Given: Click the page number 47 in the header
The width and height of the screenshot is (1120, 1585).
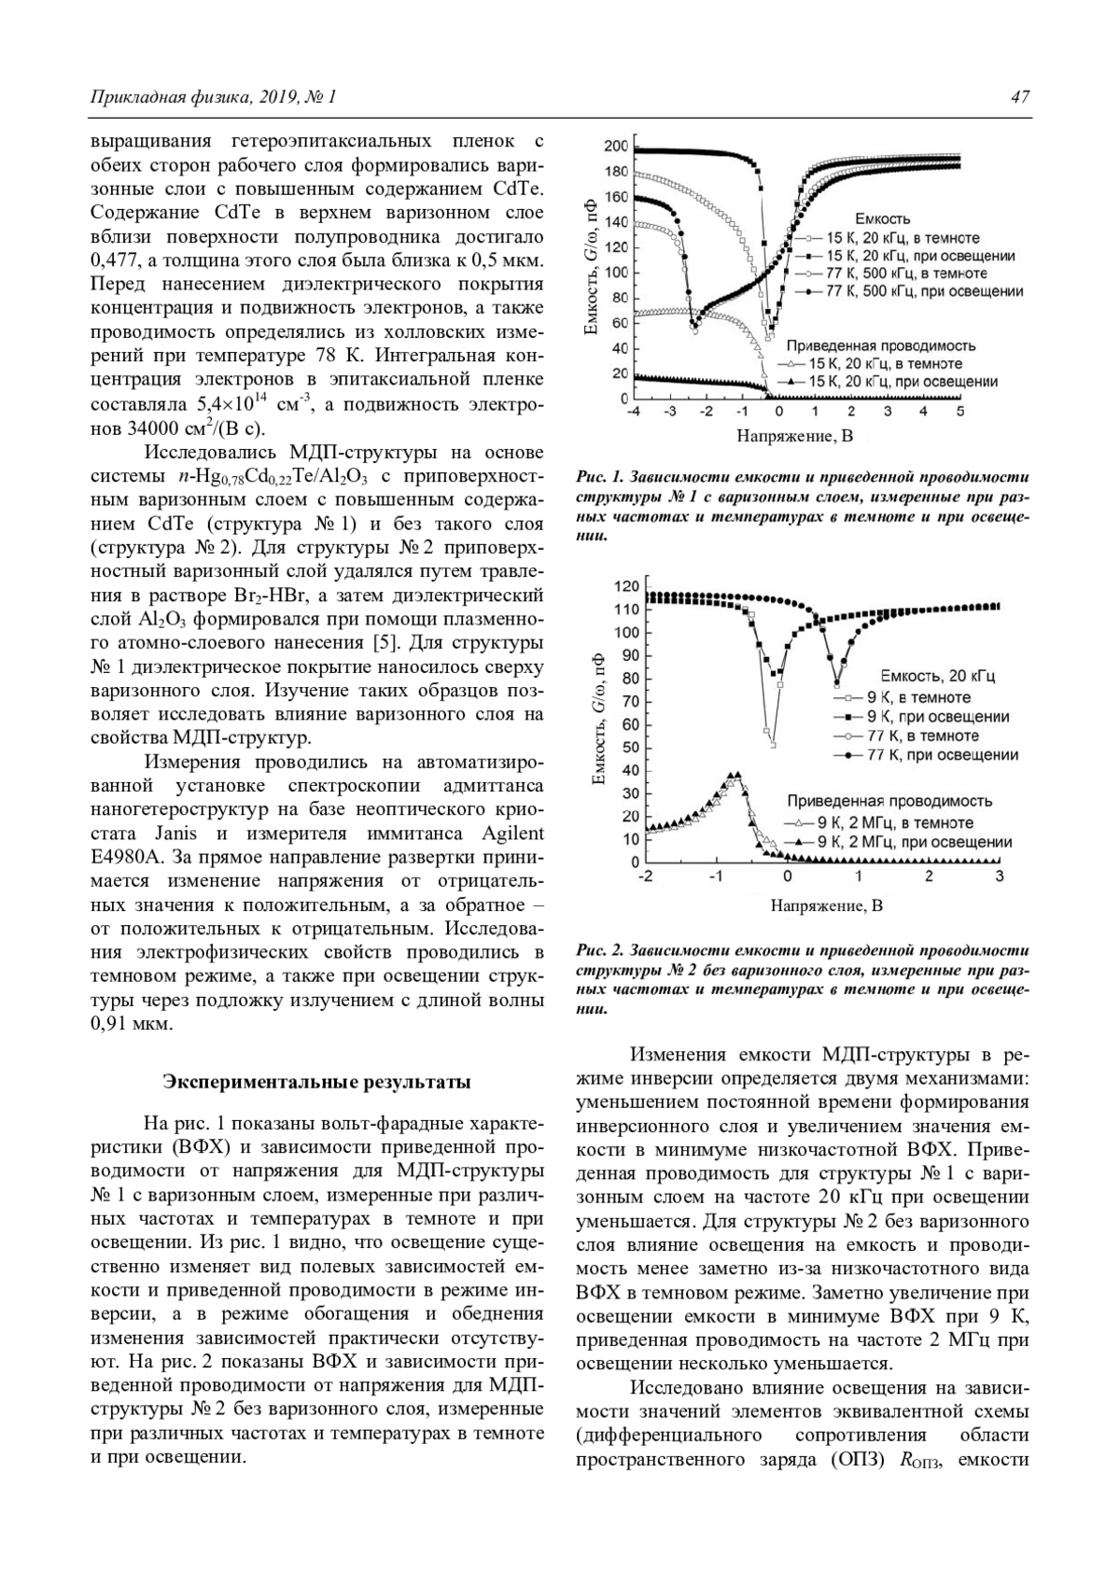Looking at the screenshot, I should pyautogui.click(x=1020, y=97).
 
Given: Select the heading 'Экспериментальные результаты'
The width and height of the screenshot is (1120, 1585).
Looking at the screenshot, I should pyautogui.click(x=317, y=1082).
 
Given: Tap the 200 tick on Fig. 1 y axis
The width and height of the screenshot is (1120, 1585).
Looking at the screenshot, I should pyautogui.click(x=615, y=147).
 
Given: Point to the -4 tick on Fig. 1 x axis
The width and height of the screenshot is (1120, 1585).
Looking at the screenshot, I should pyautogui.click(x=633, y=412).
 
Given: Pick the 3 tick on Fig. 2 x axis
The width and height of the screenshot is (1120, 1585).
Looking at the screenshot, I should pyautogui.click(x=1000, y=877).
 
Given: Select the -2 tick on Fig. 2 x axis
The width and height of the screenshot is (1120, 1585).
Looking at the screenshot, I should pyautogui.click(x=644, y=877).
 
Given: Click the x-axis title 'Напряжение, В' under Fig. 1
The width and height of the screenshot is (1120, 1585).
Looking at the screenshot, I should pyautogui.click(x=795, y=435).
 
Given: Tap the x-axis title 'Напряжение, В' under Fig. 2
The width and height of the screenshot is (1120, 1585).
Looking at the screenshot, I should pyautogui.click(x=826, y=905).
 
